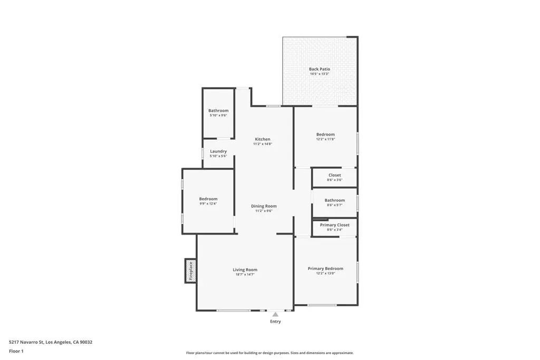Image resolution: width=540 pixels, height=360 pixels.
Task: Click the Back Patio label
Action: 320,69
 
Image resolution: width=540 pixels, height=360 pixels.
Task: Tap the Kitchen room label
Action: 263,139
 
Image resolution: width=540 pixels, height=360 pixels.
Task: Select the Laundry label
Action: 218,151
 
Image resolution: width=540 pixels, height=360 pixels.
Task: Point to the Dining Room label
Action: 264,206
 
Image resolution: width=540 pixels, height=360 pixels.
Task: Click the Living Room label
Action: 245,270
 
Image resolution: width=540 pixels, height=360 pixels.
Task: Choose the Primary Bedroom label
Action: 325,268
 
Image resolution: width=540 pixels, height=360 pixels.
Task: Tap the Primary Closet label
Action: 335,225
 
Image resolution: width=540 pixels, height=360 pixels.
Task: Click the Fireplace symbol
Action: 190,271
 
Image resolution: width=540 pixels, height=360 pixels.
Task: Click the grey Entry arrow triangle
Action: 275,315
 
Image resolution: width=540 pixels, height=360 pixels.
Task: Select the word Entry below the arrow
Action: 275,322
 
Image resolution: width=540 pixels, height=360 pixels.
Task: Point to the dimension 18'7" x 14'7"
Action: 245,275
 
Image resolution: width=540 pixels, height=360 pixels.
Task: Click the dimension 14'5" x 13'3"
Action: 320,74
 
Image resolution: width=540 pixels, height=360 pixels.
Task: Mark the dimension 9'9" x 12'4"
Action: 208,203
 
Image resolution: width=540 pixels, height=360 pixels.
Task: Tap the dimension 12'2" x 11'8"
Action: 325,139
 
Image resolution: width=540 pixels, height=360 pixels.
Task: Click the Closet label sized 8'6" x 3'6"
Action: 335,175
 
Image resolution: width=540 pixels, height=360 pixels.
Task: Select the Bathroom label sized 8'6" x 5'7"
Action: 335,200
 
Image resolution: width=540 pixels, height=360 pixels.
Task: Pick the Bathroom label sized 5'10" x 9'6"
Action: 218,111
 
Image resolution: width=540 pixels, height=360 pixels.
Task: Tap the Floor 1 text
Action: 16,351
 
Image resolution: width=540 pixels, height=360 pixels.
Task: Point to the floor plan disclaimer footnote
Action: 269,353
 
